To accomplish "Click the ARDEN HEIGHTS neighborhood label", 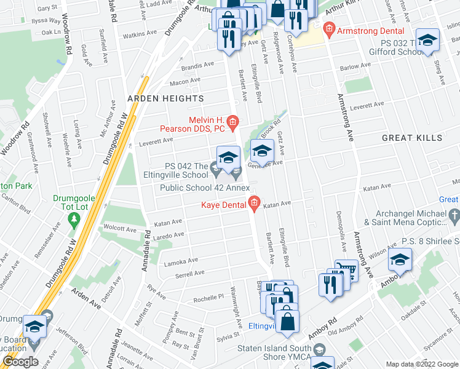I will click(165, 98).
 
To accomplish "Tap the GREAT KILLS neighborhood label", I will click(411, 138).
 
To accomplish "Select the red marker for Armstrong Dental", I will click(329, 29).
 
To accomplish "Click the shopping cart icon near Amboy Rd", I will click(347, 272).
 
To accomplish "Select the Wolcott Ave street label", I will click(121, 228).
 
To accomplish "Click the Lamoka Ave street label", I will click(180, 262).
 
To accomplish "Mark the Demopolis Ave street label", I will click(339, 254).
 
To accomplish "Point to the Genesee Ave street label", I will click(264, 164).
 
